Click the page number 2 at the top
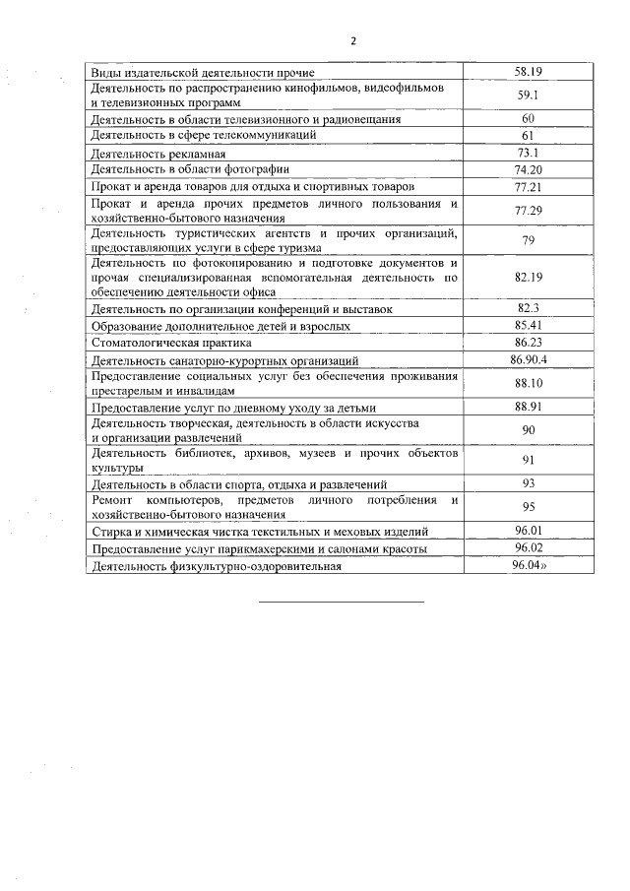(353, 40)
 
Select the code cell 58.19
(529, 72)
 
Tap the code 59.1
(529, 95)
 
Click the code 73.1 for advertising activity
(529, 153)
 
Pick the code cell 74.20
(529, 169)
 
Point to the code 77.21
(529, 186)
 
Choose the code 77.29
(529, 210)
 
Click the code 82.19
(529, 278)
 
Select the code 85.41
(529, 325)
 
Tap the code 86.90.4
(529, 359)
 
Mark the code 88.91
(529, 406)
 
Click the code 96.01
(529, 531)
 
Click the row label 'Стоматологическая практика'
(171, 343)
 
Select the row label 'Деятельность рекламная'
(158, 154)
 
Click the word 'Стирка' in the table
(110, 532)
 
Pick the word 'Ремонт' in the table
(112, 501)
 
